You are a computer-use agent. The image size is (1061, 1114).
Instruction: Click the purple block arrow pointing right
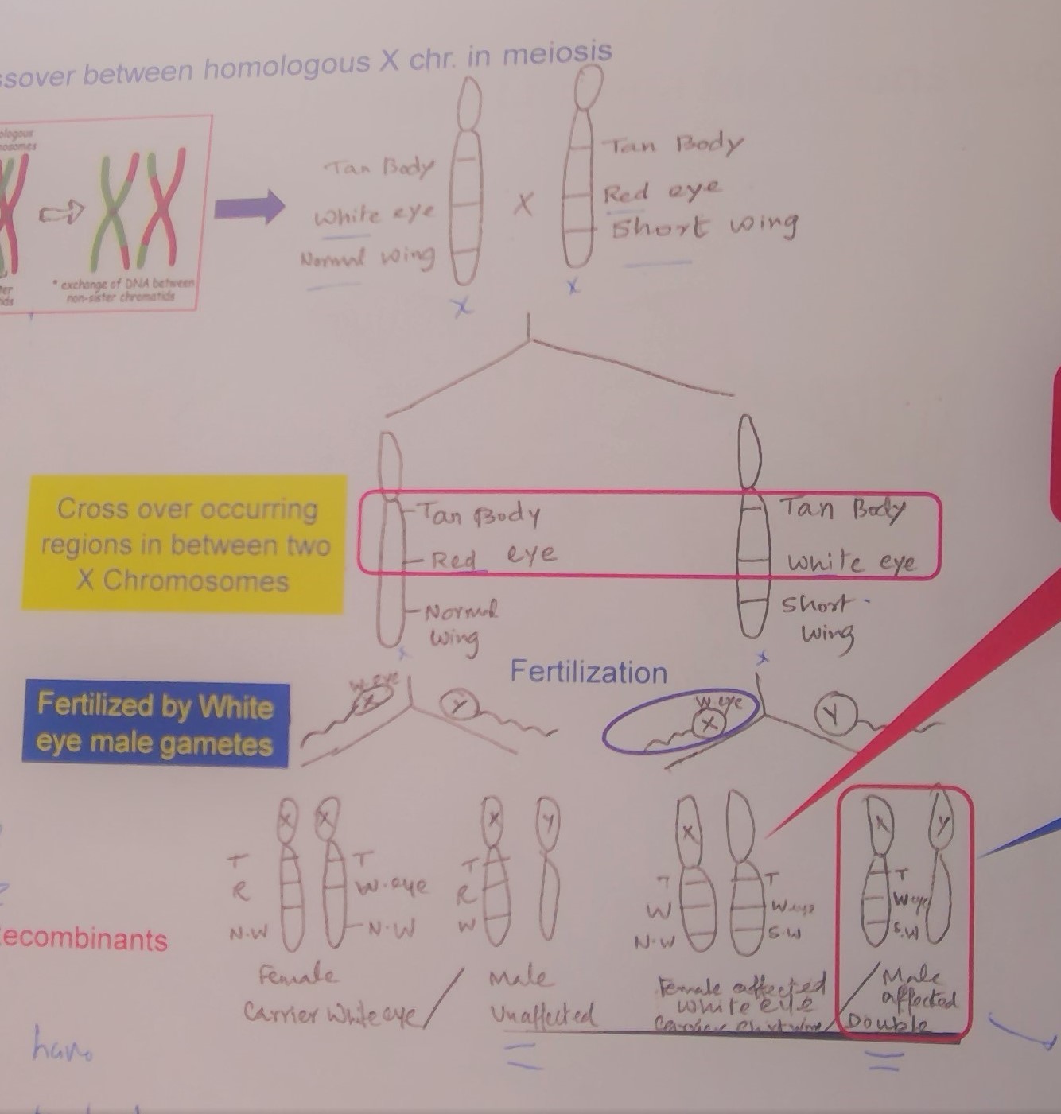(249, 208)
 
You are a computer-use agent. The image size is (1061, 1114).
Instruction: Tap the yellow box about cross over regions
(185, 544)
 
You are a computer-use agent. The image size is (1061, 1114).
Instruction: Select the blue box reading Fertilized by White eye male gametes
(156, 724)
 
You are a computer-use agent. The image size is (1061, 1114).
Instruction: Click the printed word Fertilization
(589, 673)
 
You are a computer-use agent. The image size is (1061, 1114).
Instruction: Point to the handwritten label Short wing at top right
(704, 227)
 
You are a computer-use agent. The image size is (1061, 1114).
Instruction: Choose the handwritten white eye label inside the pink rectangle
(851, 561)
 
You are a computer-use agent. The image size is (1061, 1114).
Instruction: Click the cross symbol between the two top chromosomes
(523, 205)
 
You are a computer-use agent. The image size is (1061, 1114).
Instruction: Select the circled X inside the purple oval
(708, 724)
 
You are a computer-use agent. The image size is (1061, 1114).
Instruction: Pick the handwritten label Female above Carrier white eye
(297, 975)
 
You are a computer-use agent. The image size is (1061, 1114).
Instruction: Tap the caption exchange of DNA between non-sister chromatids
(123, 291)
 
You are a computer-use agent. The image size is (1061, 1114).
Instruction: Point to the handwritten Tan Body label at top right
(673, 145)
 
